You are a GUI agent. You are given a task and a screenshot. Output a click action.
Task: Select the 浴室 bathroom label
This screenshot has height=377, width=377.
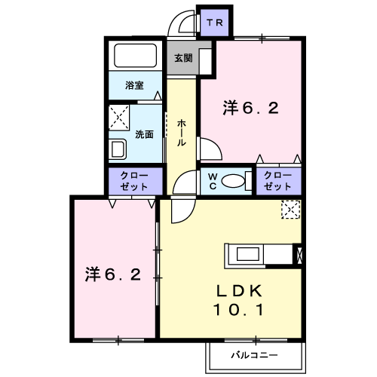click(135, 85)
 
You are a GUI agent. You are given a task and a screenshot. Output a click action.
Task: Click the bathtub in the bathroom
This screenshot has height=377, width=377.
click(134, 57)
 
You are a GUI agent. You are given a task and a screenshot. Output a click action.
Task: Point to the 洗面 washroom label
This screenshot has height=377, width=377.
click(144, 134)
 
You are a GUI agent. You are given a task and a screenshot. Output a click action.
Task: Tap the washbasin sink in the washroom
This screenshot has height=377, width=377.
click(118, 147)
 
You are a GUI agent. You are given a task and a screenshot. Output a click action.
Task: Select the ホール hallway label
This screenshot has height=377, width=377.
click(182, 132)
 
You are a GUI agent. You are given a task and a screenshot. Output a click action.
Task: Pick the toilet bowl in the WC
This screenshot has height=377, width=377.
click(238, 179)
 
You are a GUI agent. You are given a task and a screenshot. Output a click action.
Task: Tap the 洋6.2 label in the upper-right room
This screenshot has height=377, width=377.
click(251, 108)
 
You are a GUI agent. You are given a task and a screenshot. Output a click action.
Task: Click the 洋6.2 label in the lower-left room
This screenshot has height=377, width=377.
click(113, 274)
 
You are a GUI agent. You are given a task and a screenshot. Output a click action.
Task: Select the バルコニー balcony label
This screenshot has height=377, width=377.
click(254, 354)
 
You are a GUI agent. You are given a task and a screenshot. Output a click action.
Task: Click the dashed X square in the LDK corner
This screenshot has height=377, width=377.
click(290, 210)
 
